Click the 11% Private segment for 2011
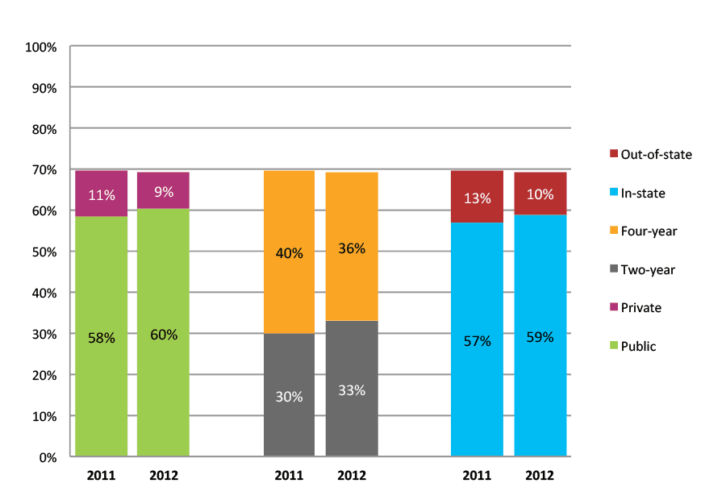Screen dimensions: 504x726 [102, 194]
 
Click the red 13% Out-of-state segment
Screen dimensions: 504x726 [477, 197]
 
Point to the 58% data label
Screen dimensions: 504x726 [102, 338]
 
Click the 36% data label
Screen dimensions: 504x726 [352, 248]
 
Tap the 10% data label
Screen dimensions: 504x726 [540, 194]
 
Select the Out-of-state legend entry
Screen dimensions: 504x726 [656, 154]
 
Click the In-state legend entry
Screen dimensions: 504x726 [643, 193]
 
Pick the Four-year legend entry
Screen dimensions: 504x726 [649, 231]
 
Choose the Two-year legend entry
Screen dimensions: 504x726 [648, 270]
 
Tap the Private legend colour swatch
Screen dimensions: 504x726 [613, 307]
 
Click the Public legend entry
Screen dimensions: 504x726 [638, 347]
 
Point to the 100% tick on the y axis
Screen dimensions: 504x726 [41, 47]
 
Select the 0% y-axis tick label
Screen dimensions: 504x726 [47, 458]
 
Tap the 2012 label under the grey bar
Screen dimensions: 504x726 [352, 476]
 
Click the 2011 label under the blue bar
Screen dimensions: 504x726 [477, 476]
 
